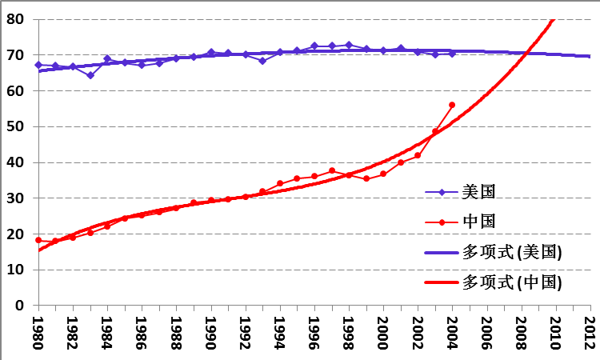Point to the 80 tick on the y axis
[16, 19]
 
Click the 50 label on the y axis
[16, 126]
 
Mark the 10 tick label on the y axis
[16, 270]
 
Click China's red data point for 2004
[452, 105]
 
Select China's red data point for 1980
[38, 240]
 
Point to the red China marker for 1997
[332, 170]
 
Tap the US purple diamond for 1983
[90, 75]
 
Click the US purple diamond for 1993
[262, 61]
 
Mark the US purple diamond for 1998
[349, 45]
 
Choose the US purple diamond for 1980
[38, 65]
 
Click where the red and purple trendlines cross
[527, 53]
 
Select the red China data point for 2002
[418, 155]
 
